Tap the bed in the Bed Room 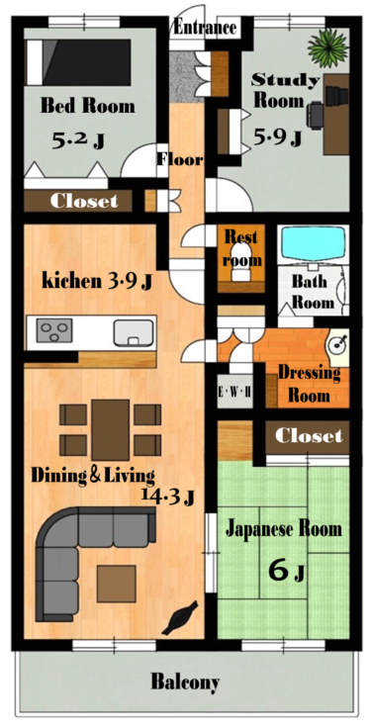tap(78, 62)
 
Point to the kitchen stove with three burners tap(54, 330)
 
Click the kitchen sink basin tap(134, 332)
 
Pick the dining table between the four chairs tap(111, 430)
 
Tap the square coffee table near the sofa tap(117, 584)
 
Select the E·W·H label tap(235, 392)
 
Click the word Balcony tap(185, 682)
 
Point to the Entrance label tap(205, 28)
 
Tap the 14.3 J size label tap(168, 497)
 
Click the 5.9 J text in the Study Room tap(278, 136)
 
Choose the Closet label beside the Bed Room tap(84, 201)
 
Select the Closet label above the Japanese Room tap(309, 436)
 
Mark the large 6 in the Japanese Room tap(279, 571)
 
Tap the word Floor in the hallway tap(180, 159)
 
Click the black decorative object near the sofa tap(180, 617)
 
